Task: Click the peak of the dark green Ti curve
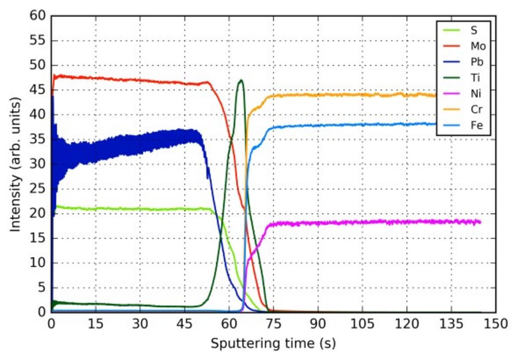(x=240, y=80)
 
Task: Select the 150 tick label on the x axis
(x=495, y=323)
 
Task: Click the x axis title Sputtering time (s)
(x=273, y=344)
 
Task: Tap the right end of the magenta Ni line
(x=480, y=222)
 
